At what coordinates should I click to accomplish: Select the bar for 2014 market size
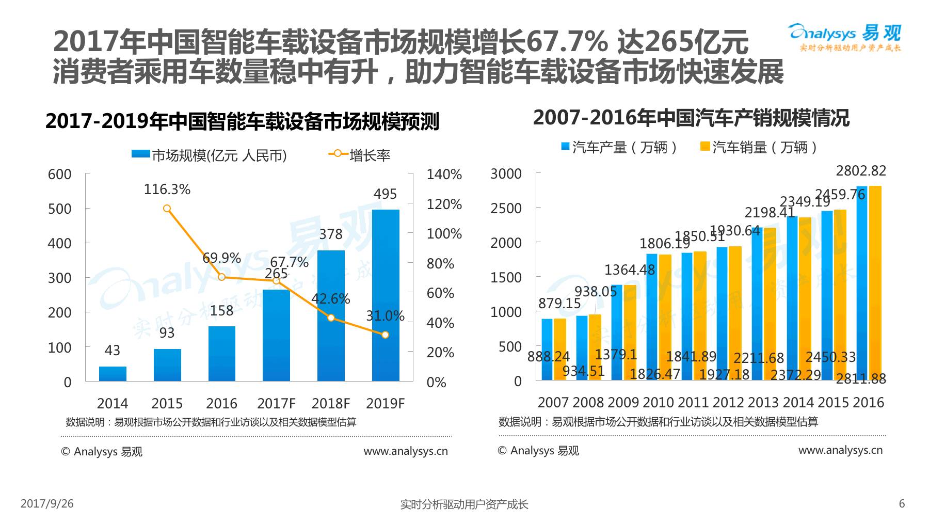point(113,374)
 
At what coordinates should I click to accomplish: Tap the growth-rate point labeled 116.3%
point(167,209)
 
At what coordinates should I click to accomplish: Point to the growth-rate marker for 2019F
point(385,335)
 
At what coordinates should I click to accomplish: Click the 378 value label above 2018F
point(330,234)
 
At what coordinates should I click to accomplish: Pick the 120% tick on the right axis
point(444,204)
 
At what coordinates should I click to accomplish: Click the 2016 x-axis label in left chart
point(221,403)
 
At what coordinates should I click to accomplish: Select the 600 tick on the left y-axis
point(60,175)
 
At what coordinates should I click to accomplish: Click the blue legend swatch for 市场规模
point(140,154)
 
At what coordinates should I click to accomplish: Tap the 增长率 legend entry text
point(370,155)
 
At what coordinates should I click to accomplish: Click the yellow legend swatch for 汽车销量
point(705,147)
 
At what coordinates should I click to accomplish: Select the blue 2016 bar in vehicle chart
point(861,283)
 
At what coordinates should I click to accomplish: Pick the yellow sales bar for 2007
point(560,349)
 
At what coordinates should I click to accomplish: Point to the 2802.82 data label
point(861,171)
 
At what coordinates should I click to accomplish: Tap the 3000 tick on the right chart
point(506,174)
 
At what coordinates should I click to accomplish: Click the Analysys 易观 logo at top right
point(845,37)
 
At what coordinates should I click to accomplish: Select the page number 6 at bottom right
point(902,504)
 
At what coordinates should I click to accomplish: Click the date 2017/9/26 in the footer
point(47,503)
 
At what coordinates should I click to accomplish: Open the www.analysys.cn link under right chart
point(840,450)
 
